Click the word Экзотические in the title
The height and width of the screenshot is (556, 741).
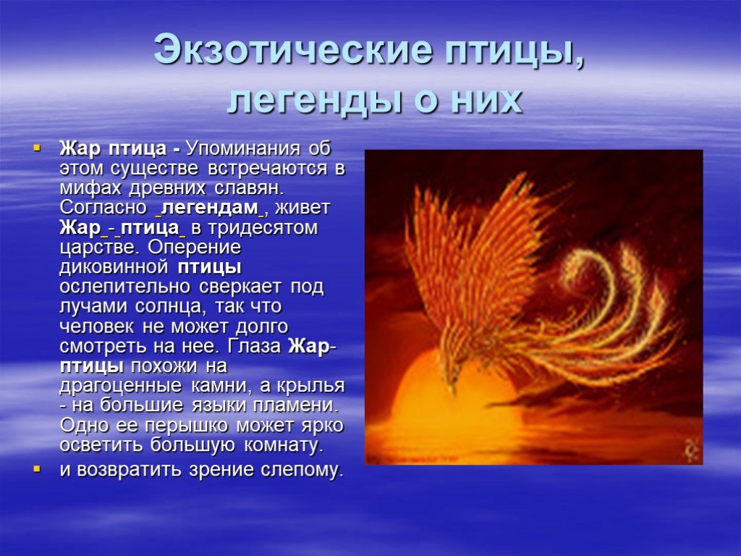pos(293,50)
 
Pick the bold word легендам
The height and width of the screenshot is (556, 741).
pos(211,208)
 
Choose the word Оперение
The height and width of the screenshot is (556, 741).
pos(195,248)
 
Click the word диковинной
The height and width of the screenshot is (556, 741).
pos(114,268)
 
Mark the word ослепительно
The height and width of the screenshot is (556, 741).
pos(125,287)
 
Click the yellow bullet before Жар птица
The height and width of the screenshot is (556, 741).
pos(37,148)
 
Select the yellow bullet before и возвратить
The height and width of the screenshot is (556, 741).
pos(37,469)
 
